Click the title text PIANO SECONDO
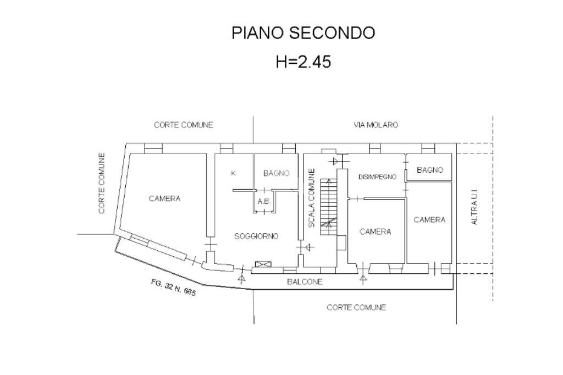(x=303, y=33)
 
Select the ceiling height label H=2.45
(x=303, y=62)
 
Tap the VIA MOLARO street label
(x=376, y=125)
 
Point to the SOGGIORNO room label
(x=256, y=236)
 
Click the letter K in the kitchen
(x=233, y=173)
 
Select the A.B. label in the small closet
(x=264, y=201)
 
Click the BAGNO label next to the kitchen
(x=276, y=173)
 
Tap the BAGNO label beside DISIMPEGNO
(x=429, y=170)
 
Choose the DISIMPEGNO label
(x=377, y=177)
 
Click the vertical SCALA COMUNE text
(x=312, y=198)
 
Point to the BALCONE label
(x=305, y=282)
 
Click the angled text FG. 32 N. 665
(x=173, y=288)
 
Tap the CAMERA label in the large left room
(x=164, y=198)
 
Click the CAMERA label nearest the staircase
(x=375, y=231)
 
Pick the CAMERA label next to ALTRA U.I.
(x=429, y=219)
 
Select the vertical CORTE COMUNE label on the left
(x=102, y=183)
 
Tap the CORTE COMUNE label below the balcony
(x=356, y=307)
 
